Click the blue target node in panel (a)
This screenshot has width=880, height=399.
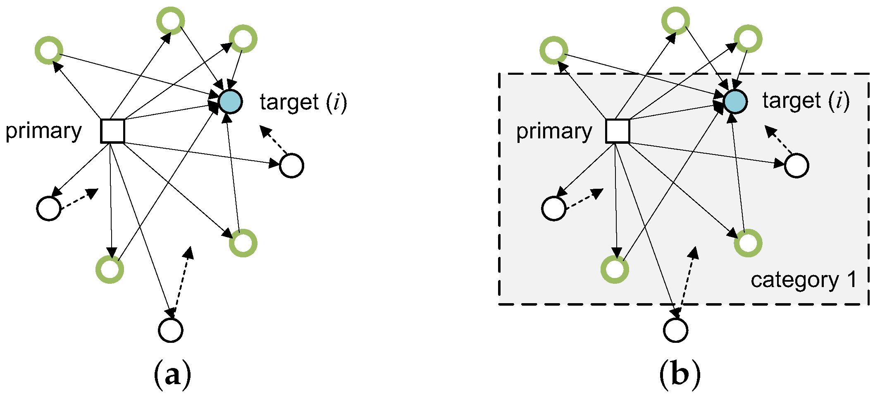[230, 101]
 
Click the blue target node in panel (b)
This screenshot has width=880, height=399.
[735, 101]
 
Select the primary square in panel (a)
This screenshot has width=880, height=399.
[113, 131]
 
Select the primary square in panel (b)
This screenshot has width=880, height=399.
[618, 131]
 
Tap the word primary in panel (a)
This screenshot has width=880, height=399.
[43, 132]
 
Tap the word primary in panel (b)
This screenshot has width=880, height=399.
[554, 132]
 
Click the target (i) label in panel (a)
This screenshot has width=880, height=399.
[303, 102]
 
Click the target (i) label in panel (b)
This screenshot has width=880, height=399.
[806, 101]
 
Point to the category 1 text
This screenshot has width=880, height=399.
[803, 280]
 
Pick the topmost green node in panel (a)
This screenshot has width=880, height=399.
[171, 21]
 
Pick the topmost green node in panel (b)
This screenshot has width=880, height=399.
[675, 21]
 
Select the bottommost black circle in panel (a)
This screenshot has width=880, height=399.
[171, 330]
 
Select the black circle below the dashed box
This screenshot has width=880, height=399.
[675, 330]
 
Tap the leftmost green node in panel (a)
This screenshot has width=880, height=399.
[49, 50]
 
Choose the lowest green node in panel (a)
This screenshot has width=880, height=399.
[110, 269]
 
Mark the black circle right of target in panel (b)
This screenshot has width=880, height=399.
[797, 166]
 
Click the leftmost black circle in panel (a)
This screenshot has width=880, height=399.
[49, 209]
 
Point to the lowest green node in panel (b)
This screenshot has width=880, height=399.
[615, 269]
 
